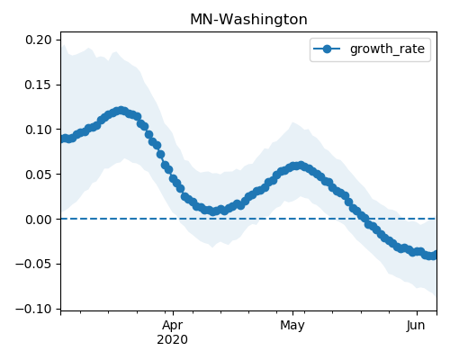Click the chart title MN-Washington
tap(248, 20)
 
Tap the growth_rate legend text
tap(387, 49)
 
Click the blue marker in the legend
tap(327, 49)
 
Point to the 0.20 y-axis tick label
tap(38, 40)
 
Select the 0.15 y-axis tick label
tap(38, 85)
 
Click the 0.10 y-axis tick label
tap(38, 130)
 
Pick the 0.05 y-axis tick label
tap(38, 175)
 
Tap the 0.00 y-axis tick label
tap(38, 220)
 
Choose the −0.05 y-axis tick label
tap(33, 264)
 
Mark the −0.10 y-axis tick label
tap(33, 309)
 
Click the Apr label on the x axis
tap(173, 326)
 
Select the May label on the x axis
tap(292, 326)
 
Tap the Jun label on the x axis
tap(416, 325)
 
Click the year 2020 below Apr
tap(173, 340)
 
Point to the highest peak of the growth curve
tap(121, 111)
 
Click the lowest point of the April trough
tap(212, 211)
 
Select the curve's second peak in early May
tap(300, 166)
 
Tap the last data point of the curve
tap(434, 255)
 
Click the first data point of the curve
tap(63, 139)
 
